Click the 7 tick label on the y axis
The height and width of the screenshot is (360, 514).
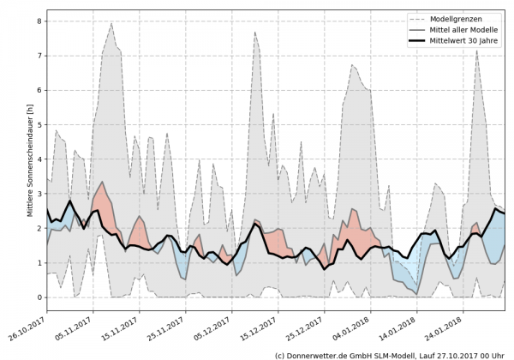pyautogui.click(x=39, y=55)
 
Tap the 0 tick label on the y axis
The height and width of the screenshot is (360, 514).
pyautogui.click(x=39, y=297)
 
